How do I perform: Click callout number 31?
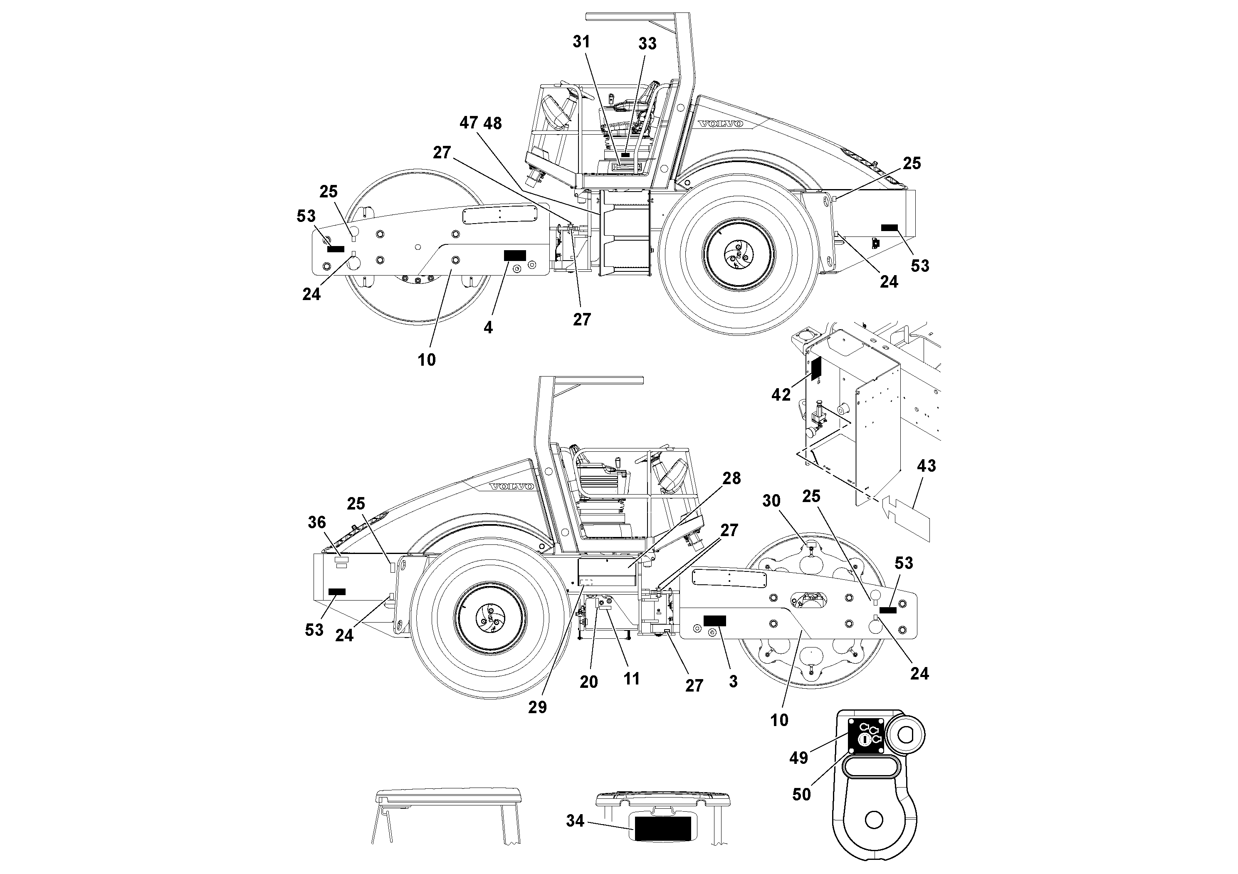pos(581,42)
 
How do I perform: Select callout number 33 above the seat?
pos(647,44)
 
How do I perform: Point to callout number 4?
pos(488,327)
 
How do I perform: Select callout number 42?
pos(781,395)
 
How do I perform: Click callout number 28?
pos(731,478)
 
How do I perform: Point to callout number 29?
pos(537,707)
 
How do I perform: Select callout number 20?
pos(588,682)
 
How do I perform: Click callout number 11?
pos(631,678)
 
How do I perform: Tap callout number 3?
pos(733,681)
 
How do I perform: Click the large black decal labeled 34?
pos(662,829)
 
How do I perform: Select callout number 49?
pos(798,758)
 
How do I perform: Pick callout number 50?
pos(801,794)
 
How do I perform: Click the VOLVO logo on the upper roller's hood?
pos(720,124)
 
